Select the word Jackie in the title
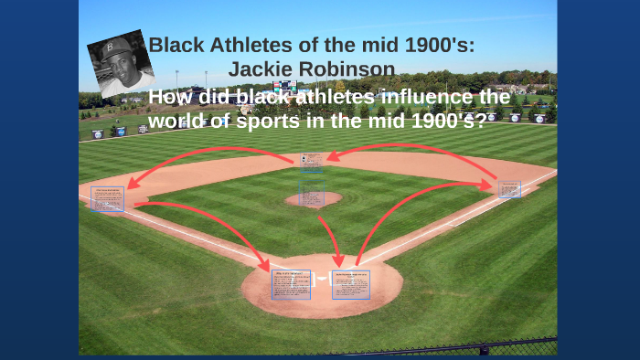tap(261, 69)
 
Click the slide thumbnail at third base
tap(107, 198)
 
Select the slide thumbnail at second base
tap(312, 163)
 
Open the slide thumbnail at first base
tap(509, 189)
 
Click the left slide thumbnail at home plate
tap(291, 284)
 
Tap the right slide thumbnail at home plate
tap(351, 284)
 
